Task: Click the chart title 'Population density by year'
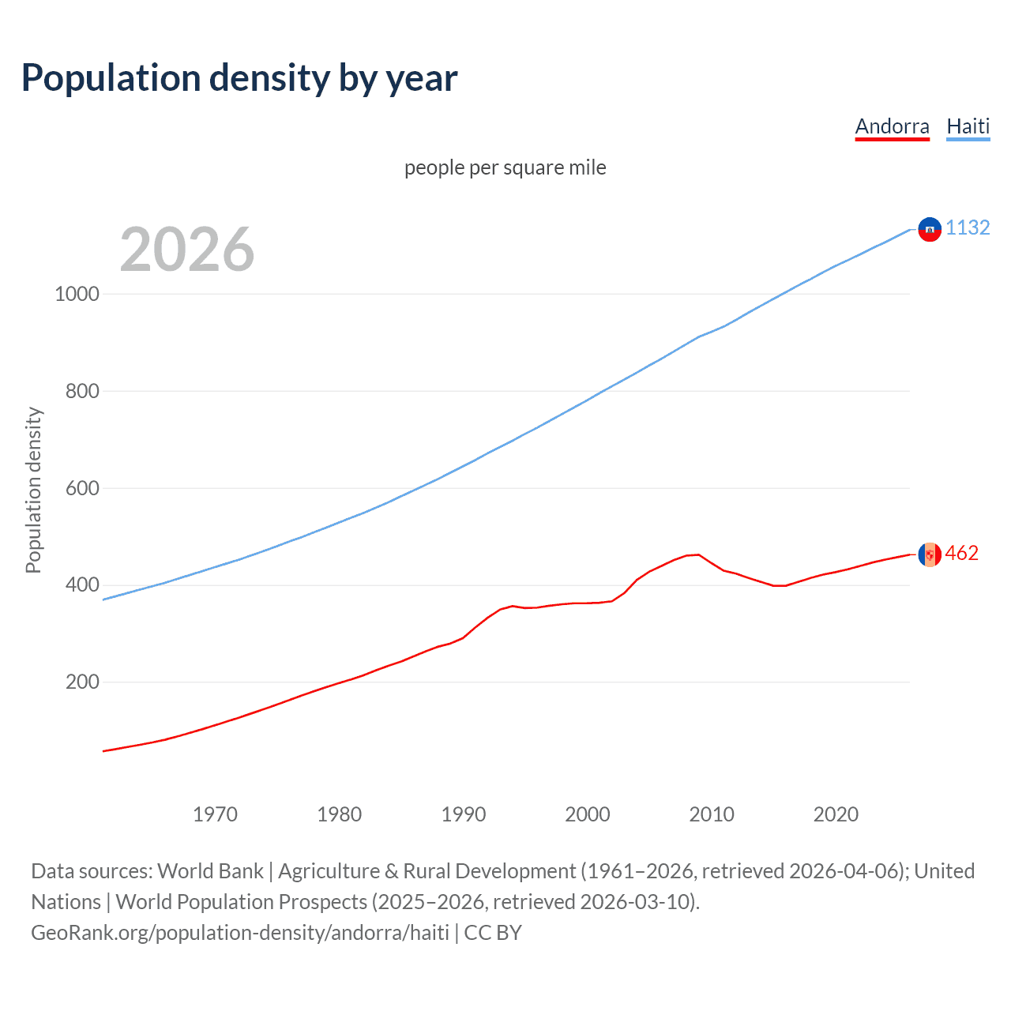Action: pyautogui.click(x=239, y=78)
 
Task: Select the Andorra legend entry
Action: pyautogui.click(x=892, y=126)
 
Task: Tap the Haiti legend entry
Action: pyautogui.click(x=968, y=126)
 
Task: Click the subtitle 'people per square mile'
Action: pyautogui.click(x=505, y=167)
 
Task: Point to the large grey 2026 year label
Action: pyautogui.click(x=187, y=250)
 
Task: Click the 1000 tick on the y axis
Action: pyautogui.click(x=77, y=294)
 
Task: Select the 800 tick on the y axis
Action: pyautogui.click(x=82, y=391)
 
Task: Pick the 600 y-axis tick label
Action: pyautogui.click(x=82, y=488)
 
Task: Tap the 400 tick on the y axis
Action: pyautogui.click(x=82, y=585)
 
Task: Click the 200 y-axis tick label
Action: pyautogui.click(x=82, y=682)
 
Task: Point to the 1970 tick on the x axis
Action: pyautogui.click(x=215, y=814)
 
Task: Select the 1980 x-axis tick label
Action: pyautogui.click(x=339, y=814)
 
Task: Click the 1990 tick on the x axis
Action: pyautogui.click(x=464, y=814)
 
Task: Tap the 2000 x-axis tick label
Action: pyautogui.click(x=588, y=814)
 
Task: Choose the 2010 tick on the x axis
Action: pyautogui.click(x=712, y=814)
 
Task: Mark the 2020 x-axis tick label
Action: pyautogui.click(x=836, y=814)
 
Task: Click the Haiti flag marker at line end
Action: pyautogui.click(x=930, y=229)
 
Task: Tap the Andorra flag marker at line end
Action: pyautogui.click(x=930, y=554)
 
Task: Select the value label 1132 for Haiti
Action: pyautogui.click(x=968, y=227)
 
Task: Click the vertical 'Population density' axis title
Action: pyautogui.click(x=33, y=490)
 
